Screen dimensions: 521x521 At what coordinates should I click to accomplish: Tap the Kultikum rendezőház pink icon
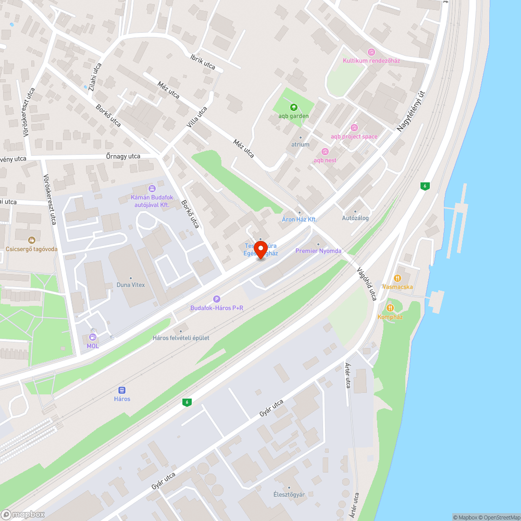click(x=371, y=52)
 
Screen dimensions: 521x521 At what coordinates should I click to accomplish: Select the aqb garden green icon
click(x=293, y=107)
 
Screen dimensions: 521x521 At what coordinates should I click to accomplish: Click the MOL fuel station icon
click(x=93, y=337)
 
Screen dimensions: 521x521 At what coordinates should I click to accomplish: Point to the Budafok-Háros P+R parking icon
click(x=217, y=299)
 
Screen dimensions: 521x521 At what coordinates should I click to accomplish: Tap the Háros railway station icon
click(x=122, y=390)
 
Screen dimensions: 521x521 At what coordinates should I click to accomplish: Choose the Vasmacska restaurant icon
click(x=398, y=278)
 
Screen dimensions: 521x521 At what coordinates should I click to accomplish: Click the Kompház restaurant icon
click(x=390, y=307)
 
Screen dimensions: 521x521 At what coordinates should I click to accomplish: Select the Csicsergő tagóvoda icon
click(x=31, y=240)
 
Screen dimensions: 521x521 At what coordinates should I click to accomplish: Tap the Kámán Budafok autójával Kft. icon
click(x=152, y=189)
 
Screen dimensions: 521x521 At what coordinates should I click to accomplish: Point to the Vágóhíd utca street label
click(x=366, y=283)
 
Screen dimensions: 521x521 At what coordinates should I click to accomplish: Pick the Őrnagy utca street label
click(x=123, y=156)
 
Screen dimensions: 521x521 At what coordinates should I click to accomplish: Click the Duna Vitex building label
click(x=131, y=285)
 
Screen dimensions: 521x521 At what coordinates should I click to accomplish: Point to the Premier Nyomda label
click(x=318, y=251)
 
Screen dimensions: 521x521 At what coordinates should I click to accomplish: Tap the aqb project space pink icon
click(x=355, y=128)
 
